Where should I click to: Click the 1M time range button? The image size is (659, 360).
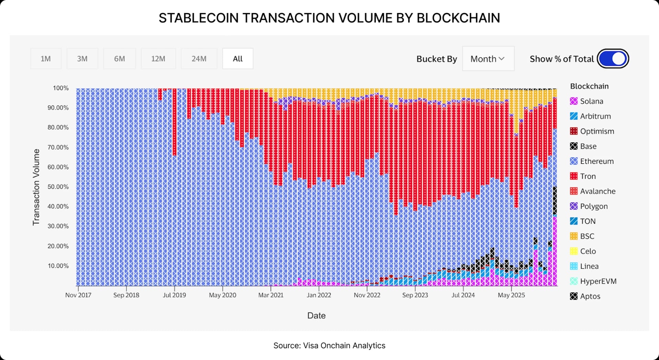46,59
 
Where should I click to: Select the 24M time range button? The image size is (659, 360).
199,59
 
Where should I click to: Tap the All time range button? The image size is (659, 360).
238,59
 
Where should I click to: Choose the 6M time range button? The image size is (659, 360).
119,59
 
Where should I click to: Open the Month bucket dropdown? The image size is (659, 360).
488,59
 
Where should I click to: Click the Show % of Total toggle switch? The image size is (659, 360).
613,59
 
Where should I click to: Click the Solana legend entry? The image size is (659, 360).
591,101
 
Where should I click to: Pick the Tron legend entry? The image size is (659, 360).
588,176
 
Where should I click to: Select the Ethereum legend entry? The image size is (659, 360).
597,161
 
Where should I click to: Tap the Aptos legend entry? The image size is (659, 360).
590,296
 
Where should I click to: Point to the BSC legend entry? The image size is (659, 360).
587,236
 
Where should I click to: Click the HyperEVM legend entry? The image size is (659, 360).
598,281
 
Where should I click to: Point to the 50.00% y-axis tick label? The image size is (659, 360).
58,187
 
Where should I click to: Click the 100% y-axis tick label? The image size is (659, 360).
61,88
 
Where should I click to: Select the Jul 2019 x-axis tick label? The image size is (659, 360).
174,295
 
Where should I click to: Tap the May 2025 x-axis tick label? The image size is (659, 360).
511,295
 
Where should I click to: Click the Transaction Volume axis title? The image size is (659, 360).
36,187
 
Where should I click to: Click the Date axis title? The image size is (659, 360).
316,316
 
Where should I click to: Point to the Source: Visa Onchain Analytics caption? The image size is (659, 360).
329,346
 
